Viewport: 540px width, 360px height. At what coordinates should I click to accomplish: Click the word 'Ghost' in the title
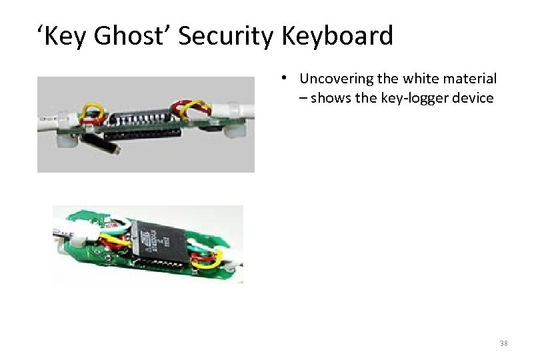tap(130, 35)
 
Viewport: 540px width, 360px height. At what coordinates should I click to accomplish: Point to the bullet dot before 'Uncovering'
tap(284, 77)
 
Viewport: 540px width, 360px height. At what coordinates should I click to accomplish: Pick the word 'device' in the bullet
tap(472, 99)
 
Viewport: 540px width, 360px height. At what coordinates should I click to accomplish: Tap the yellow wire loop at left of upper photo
tap(92, 113)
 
